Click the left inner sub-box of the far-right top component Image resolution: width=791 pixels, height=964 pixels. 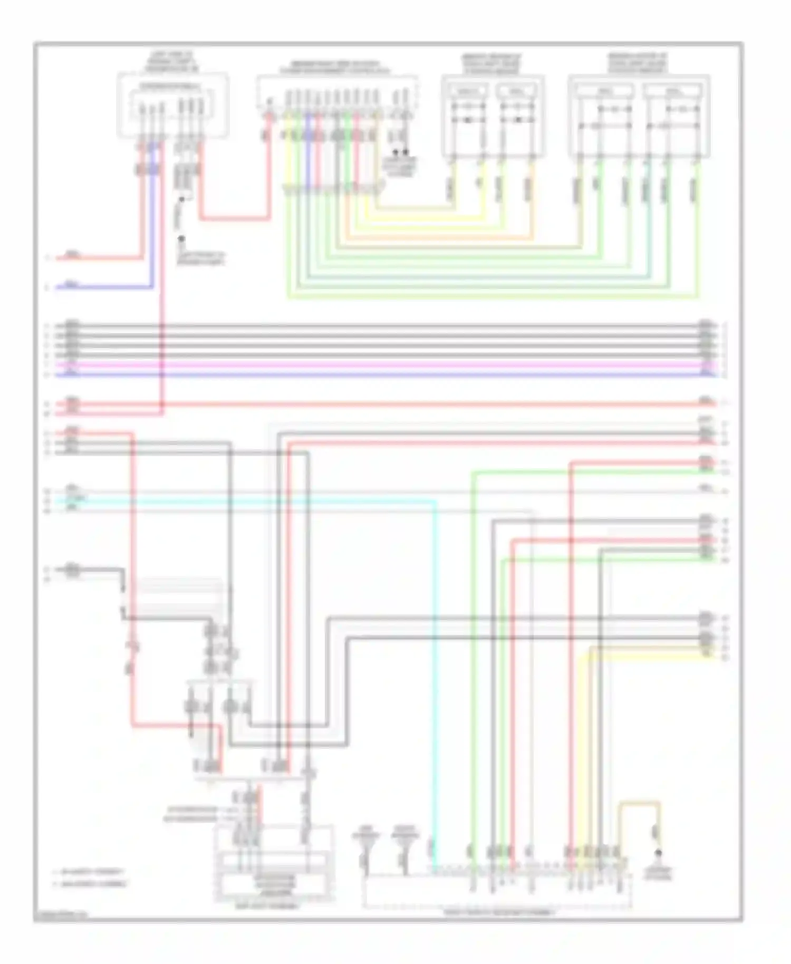(x=604, y=91)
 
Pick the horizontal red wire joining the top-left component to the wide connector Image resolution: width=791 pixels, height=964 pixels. (x=235, y=218)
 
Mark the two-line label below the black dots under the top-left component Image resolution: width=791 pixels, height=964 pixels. (x=200, y=258)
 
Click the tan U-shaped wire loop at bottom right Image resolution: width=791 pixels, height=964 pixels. (x=639, y=804)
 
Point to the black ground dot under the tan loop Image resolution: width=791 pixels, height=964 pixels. (x=658, y=853)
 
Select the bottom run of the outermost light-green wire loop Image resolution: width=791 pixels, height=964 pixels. (x=493, y=297)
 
